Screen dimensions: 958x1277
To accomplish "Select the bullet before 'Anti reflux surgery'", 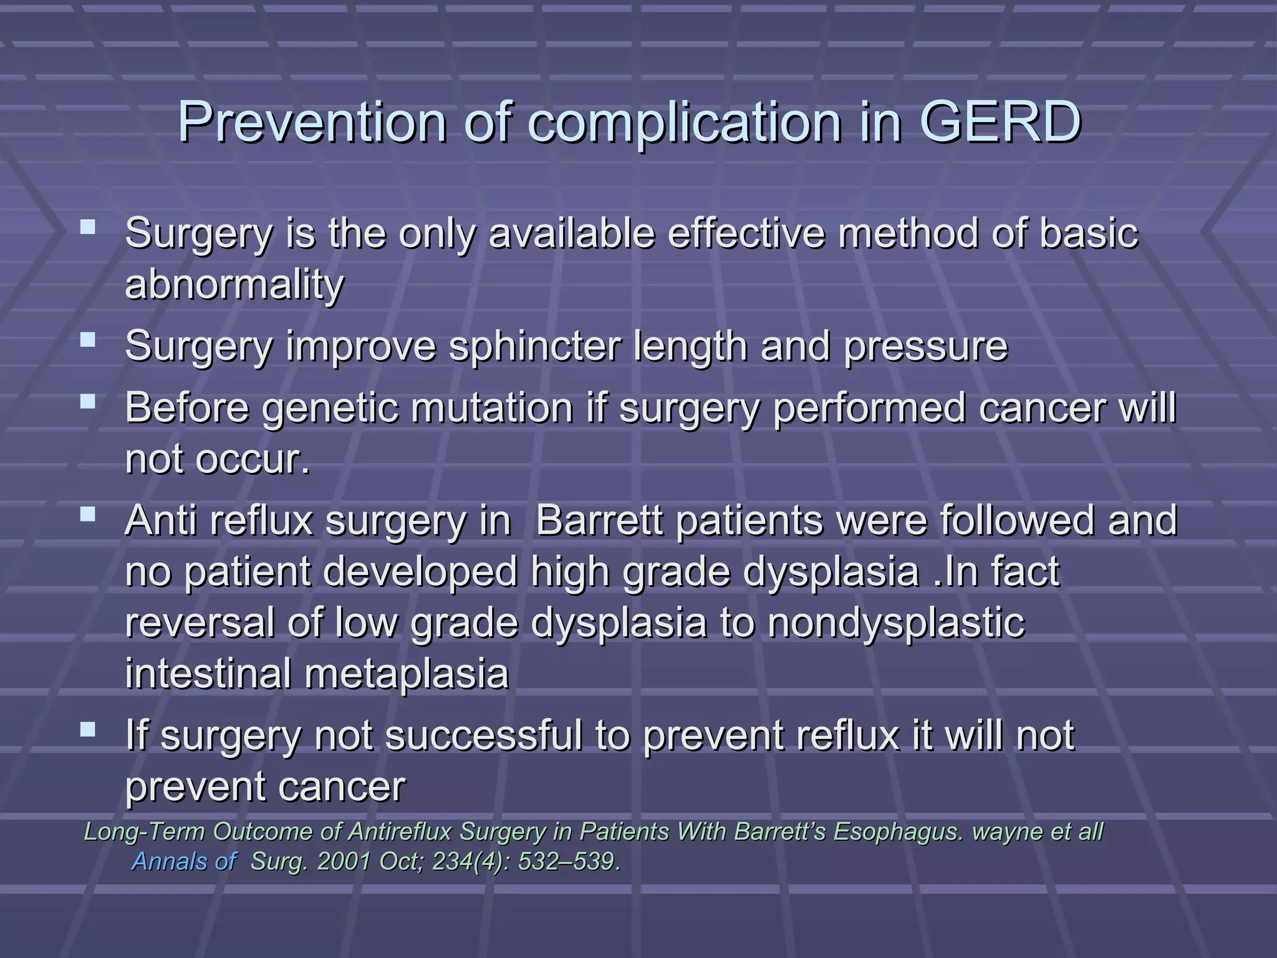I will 88,514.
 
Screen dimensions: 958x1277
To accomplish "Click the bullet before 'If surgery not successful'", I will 88,728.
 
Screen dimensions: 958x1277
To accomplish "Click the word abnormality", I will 234,286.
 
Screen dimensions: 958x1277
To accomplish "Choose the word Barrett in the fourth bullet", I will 599,521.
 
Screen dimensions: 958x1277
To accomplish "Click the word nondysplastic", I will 896,623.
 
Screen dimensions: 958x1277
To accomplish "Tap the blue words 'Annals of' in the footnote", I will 184,862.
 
